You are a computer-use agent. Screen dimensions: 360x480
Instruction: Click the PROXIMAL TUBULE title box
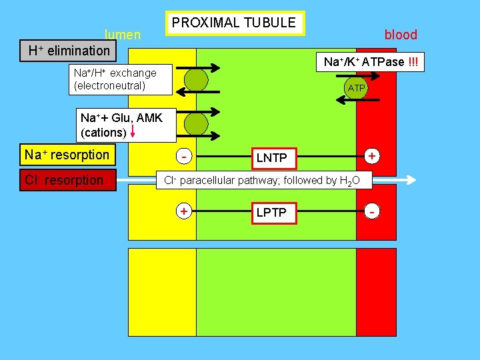pyautogui.click(x=233, y=23)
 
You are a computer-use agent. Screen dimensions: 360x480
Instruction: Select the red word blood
pyautogui.click(x=401, y=35)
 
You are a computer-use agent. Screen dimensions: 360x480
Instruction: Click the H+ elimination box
pyautogui.click(x=68, y=51)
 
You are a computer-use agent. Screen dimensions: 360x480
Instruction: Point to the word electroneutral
pyautogui.click(x=109, y=85)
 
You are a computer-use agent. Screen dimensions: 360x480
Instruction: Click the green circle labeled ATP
pyautogui.click(x=357, y=87)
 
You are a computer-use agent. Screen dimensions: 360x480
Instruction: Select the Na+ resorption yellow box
pyautogui.click(x=67, y=155)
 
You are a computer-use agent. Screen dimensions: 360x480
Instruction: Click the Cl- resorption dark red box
pyautogui.click(x=67, y=180)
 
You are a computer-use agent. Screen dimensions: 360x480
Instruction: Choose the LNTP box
pyautogui.click(x=271, y=157)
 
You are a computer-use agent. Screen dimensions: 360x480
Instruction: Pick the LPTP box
pyautogui.click(x=271, y=212)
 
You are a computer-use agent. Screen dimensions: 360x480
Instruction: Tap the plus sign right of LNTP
pyautogui.click(x=371, y=155)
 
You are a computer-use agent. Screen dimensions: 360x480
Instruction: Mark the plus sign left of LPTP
pyautogui.click(x=183, y=211)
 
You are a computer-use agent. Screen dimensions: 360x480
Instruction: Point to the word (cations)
pyautogui.click(x=103, y=132)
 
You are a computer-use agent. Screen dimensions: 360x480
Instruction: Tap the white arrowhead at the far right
pyautogui.click(x=411, y=180)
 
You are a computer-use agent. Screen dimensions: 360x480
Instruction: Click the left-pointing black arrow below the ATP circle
pyautogui.click(x=357, y=99)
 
